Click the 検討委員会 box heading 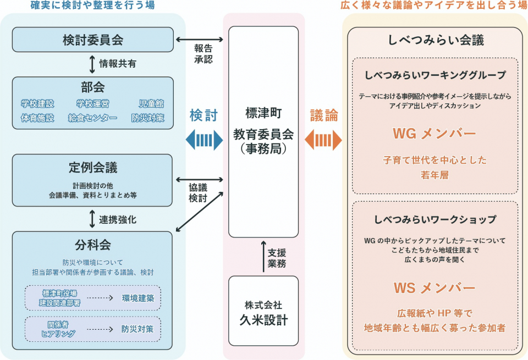pyautogui.click(x=92, y=40)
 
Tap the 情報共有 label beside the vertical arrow pyautogui.click(x=118, y=64)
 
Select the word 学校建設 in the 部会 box pyautogui.click(x=38, y=104)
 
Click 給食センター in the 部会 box pyautogui.click(x=92, y=118)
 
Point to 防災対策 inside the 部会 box pyautogui.click(x=147, y=118)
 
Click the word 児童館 pyautogui.click(x=151, y=104)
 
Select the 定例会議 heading pyautogui.click(x=92, y=167)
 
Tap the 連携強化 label pyautogui.click(x=118, y=219)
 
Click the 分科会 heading pyautogui.click(x=92, y=243)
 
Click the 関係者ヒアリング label pyautogui.click(x=58, y=329)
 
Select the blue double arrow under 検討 pyautogui.click(x=204, y=140)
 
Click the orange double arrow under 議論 pyautogui.click(x=323, y=140)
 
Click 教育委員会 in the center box pyautogui.click(x=263, y=134)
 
